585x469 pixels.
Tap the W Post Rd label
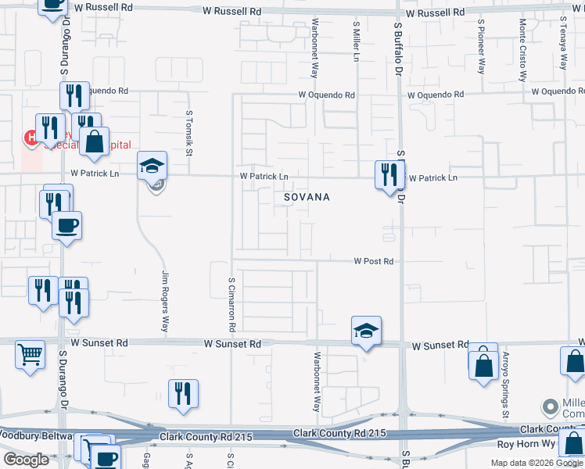(x=373, y=261)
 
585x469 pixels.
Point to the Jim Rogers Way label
(x=165, y=302)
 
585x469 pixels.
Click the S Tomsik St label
(x=188, y=132)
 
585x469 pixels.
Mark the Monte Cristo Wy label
(x=522, y=49)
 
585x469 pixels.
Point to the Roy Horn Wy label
(x=526, y=444)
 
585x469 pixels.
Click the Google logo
(x=26, y=460)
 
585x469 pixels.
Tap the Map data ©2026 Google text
(x=536, y=463)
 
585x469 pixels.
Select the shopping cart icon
(x=30, y=354)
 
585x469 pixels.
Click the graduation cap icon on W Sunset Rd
(x=365, y=331)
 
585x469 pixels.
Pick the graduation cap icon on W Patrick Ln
(x=152, y=166)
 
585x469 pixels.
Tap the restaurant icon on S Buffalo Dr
(x=389, y=174)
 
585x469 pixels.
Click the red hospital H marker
(x=31, y=138)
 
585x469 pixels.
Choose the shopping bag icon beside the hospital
(x=94, y=141)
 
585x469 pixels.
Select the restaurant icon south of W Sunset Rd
(x=183, y=394)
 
